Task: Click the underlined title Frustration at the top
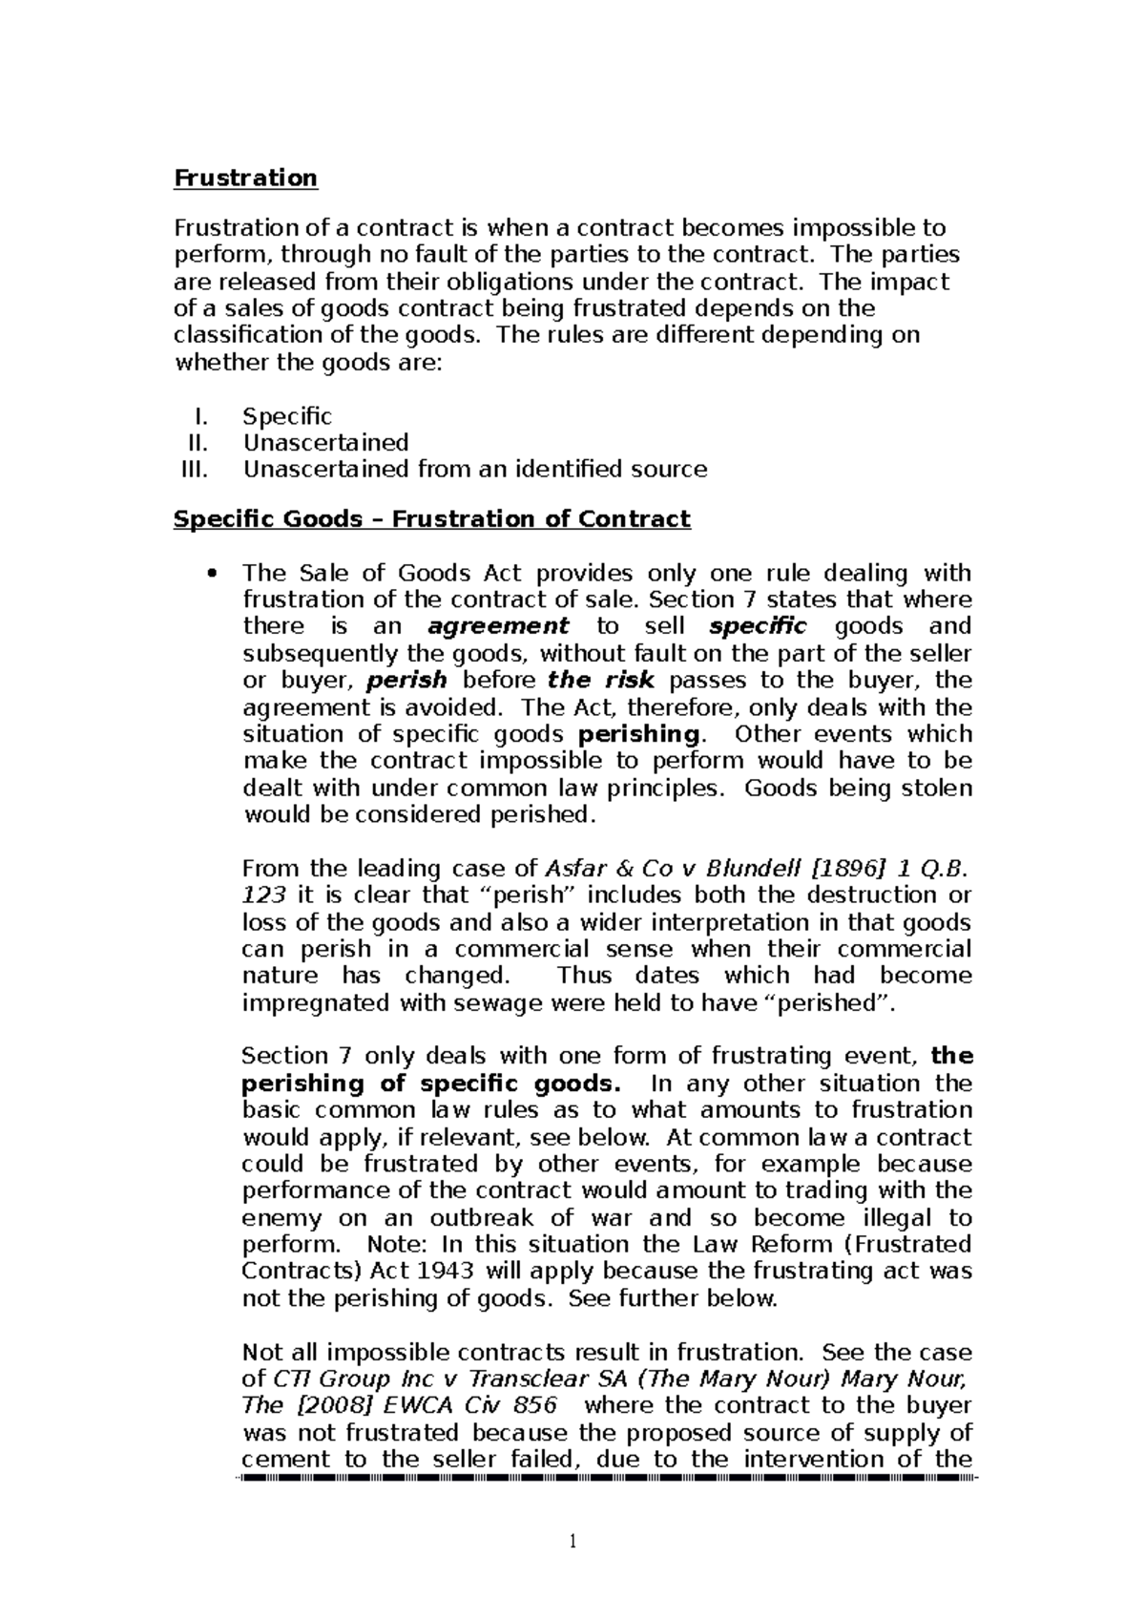click(245, 178)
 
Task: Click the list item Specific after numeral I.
click(287, 416)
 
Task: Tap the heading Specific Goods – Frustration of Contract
click(431, 518)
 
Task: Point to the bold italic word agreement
click(498, 626)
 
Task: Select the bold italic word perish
click(406, 681)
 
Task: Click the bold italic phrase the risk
click(601, 681)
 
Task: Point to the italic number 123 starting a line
click(263, 895)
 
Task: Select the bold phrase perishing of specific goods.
click(430, 1084)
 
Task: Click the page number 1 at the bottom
click(572, 1541)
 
